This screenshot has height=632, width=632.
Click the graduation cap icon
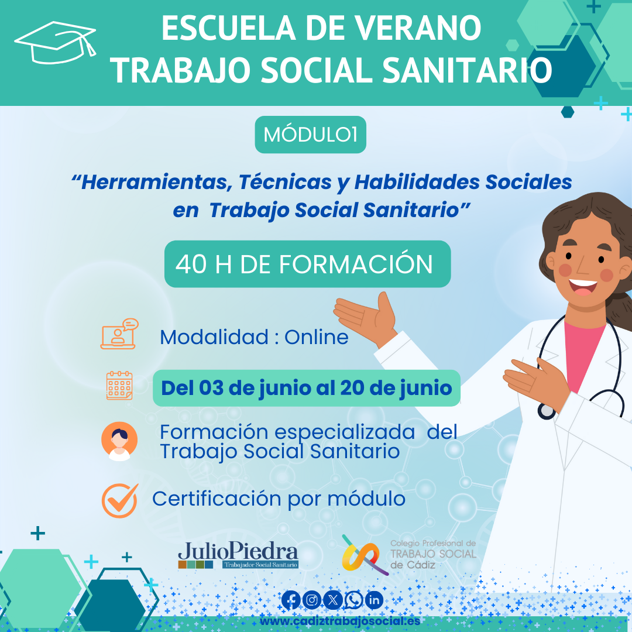click(55, 43)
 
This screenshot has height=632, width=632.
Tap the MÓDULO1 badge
click(310, 135)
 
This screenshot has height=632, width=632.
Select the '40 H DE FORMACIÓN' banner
click(308, 264)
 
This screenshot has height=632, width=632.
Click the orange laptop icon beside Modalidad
click(119, 334)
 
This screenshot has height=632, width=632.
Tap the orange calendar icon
click(119, 386)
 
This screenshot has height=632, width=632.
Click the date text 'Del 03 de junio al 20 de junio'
click(306, 388)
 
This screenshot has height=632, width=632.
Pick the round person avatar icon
click(119, 441)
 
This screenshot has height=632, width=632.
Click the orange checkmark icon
click(120, 500)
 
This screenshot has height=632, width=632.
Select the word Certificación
click(217, 499)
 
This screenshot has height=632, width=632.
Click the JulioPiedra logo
click(238, 555)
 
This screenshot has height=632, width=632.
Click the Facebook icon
click(291, 600)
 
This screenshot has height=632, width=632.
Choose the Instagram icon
click(311, 600)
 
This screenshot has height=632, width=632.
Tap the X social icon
click(332, 600)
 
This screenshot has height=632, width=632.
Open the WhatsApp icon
click(353, 600)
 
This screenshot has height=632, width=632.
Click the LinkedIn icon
click(374, 600)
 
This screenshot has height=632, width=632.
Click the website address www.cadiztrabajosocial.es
click(340, 621)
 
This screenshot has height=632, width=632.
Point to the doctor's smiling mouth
click(583, 287)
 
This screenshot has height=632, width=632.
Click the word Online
click(317, 337)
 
